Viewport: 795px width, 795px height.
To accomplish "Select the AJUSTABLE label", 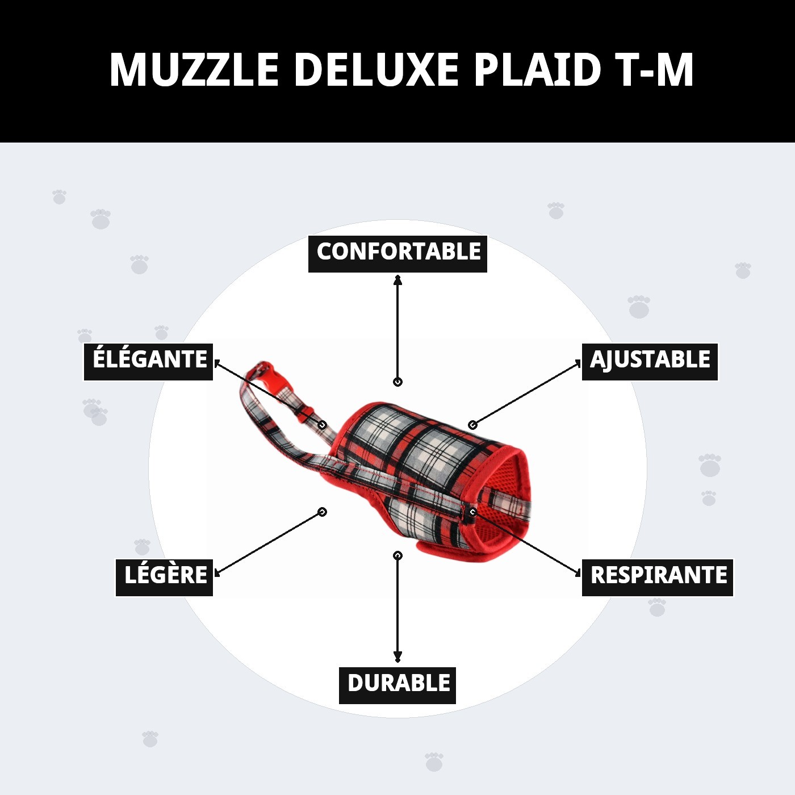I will click(x=650, y=361).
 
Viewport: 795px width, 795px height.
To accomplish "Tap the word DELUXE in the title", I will click(x=376, y=70).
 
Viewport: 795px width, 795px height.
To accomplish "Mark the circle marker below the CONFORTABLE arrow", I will click(x=397, y=382).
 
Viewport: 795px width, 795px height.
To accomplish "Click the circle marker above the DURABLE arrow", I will click(x=397, y=555).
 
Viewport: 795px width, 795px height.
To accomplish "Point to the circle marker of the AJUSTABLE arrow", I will click(x=472, y=425).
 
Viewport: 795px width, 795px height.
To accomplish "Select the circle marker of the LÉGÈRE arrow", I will click(x=323, y=512).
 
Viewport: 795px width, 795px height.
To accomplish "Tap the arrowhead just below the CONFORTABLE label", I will click(x=397, y=279).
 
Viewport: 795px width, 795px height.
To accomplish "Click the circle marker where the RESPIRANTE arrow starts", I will click(x=472, y=512).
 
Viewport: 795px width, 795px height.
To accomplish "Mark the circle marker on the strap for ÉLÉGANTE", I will click(x=323, y=425).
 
